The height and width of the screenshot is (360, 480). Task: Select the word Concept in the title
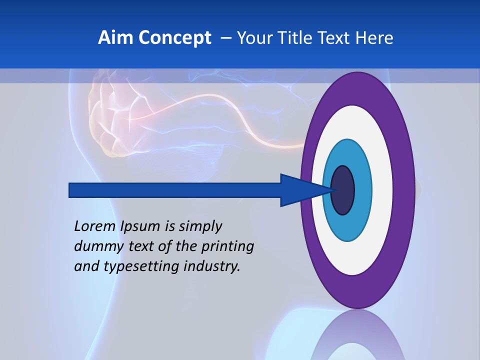(175, 38)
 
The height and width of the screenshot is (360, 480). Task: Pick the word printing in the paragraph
(227, 247)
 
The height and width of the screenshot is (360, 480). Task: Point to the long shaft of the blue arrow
(175, 190)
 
